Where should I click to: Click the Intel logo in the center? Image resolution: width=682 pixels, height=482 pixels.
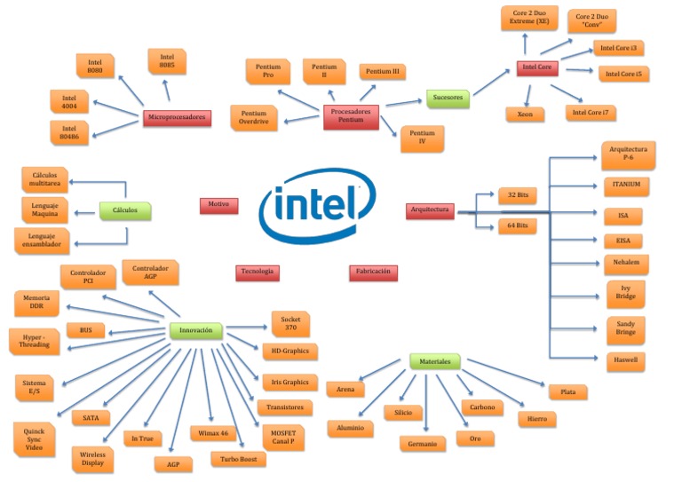tap(318, 207)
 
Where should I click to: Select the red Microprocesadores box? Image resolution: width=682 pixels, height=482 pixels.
tap(178, 118)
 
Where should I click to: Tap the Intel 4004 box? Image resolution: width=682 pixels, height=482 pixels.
tap(69, 100)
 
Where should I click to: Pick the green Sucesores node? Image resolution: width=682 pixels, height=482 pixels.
tap(448, 98)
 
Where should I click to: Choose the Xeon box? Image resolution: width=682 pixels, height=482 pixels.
tap(525, 114)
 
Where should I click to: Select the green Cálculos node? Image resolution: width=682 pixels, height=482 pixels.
tap(124, 210)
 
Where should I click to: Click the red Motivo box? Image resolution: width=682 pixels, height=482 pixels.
tap(218, 205)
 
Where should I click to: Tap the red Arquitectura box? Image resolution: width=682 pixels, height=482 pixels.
tap(431, 210)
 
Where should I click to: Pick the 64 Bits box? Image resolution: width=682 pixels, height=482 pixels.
tap(517, 225)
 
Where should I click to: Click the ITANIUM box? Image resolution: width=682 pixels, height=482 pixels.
tap(625, 186)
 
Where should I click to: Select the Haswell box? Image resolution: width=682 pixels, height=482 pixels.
tap(625, 360)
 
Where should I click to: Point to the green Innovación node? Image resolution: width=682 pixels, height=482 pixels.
tap(195, 330)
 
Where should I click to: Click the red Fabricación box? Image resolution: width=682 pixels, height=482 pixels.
tap(373, 273)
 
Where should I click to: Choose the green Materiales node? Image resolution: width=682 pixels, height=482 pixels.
tap(435, 361)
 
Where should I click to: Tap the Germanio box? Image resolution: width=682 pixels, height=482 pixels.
tap(428, 443)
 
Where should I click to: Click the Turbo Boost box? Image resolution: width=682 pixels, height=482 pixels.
tap(238, 458)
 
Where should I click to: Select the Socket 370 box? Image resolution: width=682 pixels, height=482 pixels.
tap(290, 324)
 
